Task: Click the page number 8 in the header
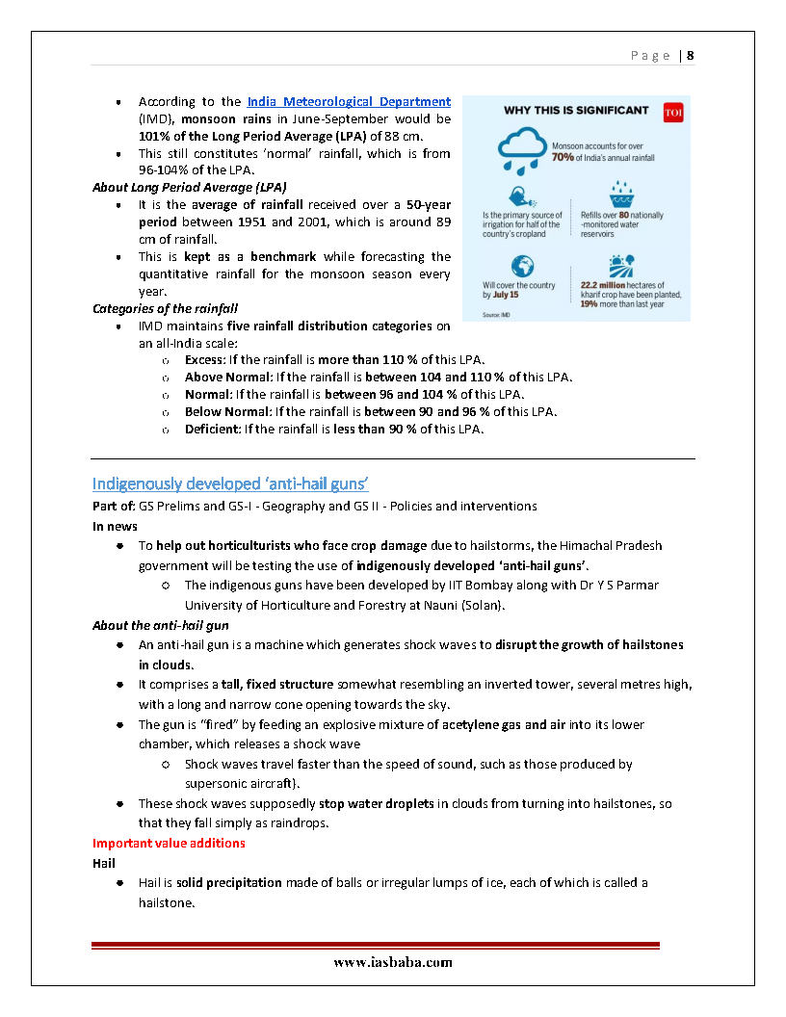pyautogui.click(x=691, y=56)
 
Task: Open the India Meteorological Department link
pyautogui.click(x=349, y=101)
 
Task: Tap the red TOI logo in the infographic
pyautogui.click(x=673, y=113)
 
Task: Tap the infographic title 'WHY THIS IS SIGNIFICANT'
pyautogui.click(x=576, y=111)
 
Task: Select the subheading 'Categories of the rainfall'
pyautogui.click(x=165, y=309)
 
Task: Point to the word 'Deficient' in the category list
pyautogui.click(x=212, y=429)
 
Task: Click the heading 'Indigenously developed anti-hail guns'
pyautogui.click(x=230, y=482)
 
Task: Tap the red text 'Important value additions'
pyautogui.click(x=169, y=843)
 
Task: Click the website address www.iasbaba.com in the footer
pyautogui.click(x=393, y=962)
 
